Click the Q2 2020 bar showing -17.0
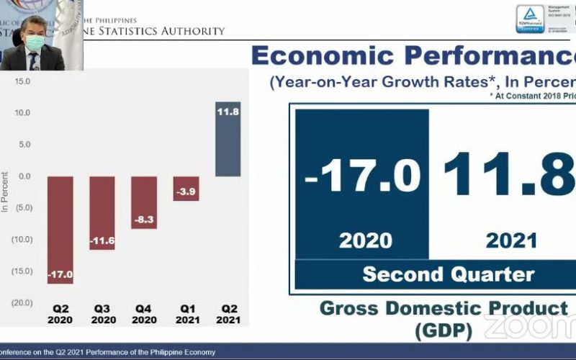[x=60, y=230]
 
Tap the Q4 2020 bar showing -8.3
[x=144, y=202]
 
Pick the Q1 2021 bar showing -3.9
[x=186, y=188]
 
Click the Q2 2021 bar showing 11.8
[x=228, y=140]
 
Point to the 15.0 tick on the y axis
[x=22, y=81]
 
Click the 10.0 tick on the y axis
[x=22, y=113]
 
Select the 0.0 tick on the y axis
[x=23, y=176]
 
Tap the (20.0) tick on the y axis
[x=20, y=302]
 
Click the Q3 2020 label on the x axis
[x=102, y=314]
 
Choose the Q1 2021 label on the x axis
[x=186, y=314]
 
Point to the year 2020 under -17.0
[x=365, y=240]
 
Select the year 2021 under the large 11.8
[x=511, y=240]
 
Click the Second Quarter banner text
[x=448, y=274]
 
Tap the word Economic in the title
[x=324, y=55]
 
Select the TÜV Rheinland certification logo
[x=529, y=19]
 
